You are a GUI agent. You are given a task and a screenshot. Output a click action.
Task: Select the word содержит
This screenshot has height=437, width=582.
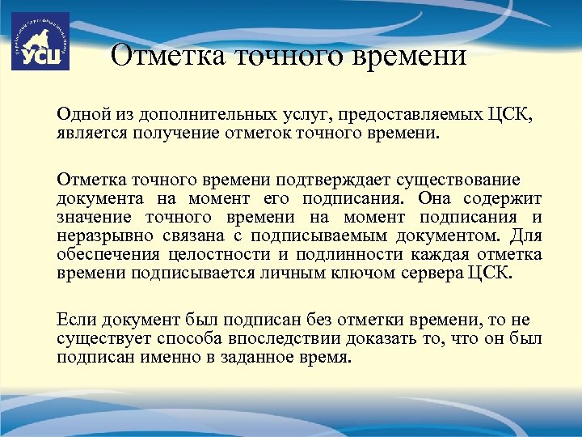tap(504, 197)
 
